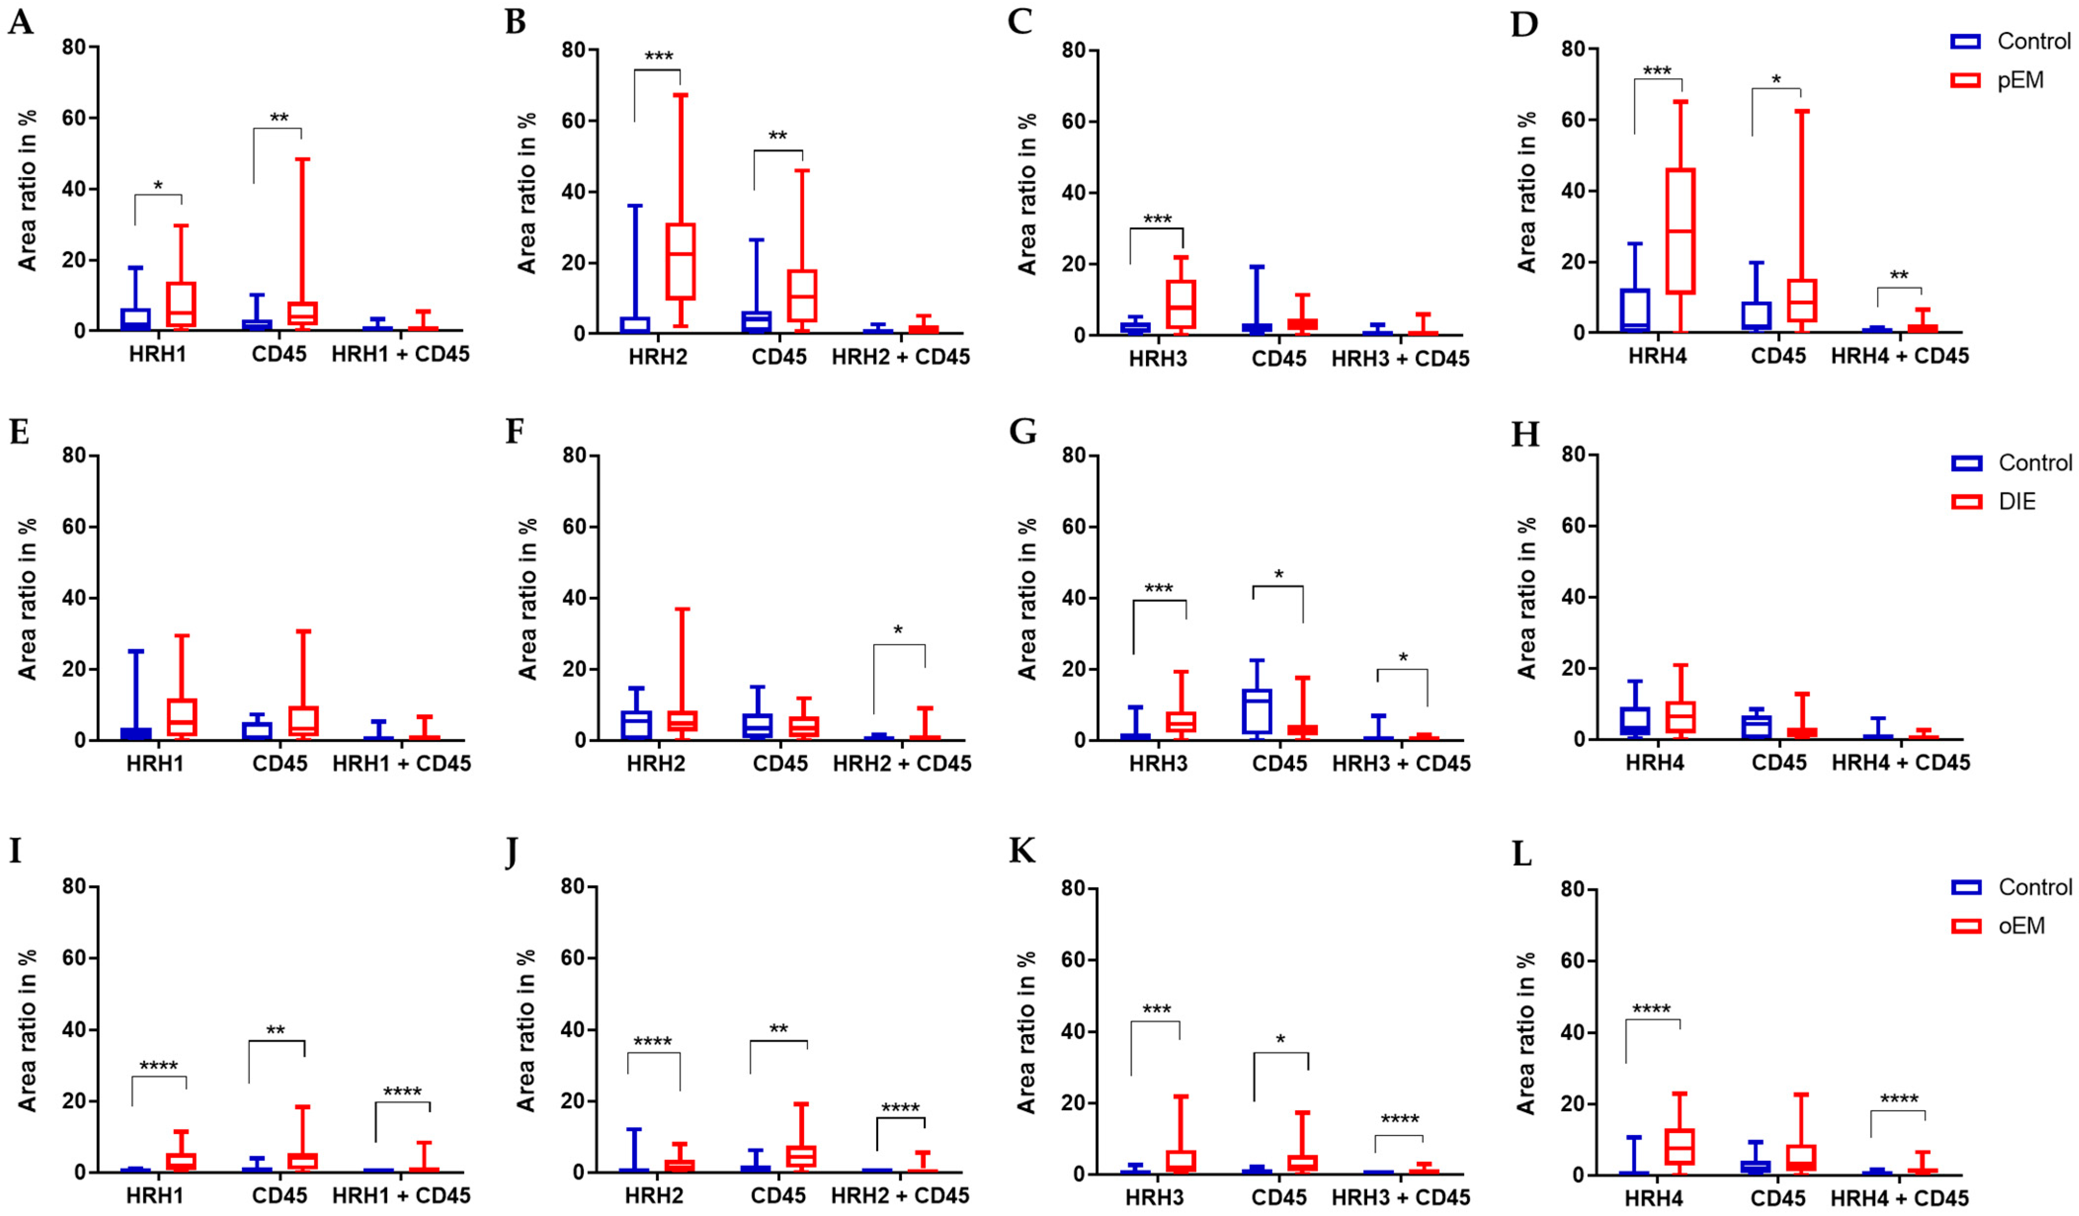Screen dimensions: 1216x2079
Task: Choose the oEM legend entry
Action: tap(2021, 926)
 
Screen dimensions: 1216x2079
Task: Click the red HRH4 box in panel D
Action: tap(1680, 231)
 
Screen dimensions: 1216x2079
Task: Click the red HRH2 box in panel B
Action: tap(681, 261)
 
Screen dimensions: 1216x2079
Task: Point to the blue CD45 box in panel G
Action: tap(1257, 711)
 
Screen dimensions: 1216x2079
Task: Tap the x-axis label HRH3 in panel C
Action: tap(1157, 359)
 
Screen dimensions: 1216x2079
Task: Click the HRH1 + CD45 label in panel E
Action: tap(402, 763)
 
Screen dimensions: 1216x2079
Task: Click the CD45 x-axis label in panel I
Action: tap(279, 1195)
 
